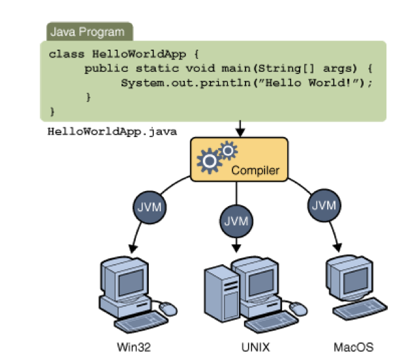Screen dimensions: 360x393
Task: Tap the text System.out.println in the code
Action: [171, 83]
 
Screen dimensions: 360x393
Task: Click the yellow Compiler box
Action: [239, 159]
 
